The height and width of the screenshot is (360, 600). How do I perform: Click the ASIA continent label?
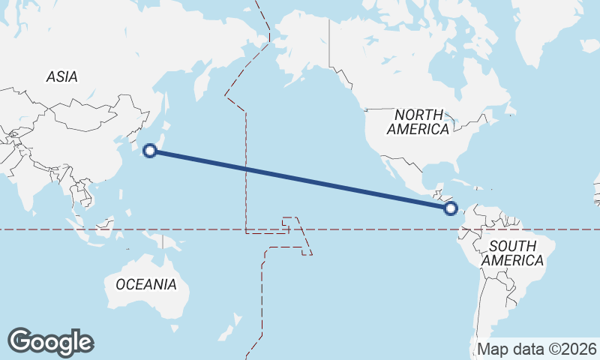click(61, 76)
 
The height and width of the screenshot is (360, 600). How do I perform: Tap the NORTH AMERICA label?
click(418, 121)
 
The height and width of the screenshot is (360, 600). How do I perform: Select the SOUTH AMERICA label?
click(513, 253)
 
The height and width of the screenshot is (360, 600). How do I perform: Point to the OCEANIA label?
click(146, 284)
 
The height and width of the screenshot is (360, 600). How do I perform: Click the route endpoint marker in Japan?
click(150, 151)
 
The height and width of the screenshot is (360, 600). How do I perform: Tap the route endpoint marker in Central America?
click(451, 208)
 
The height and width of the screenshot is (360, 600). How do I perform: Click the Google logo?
click(50, 342)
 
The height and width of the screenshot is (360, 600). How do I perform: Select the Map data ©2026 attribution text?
click(537, 349)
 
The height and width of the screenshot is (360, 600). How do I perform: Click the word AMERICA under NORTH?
click(418, 129)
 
